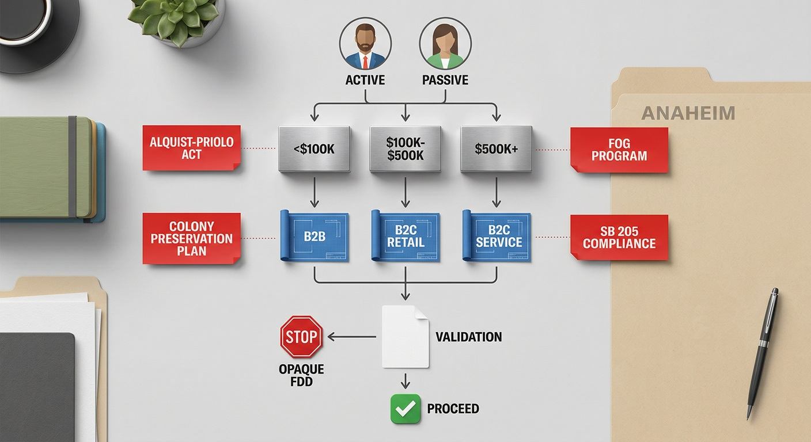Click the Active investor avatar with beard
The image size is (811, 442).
click(365, 43)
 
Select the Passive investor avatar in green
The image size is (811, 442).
click(445, 43)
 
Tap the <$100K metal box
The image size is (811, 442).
click(314, 148)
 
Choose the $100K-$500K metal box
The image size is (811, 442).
click(405, 148)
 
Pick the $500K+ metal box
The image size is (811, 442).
click(497, 148)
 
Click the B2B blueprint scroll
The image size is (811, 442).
click(314, 236)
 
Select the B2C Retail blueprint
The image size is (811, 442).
click(405, 236)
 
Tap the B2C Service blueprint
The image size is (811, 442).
click(497, 236)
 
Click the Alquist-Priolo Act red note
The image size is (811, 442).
click(192, 148)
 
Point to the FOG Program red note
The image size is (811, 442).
click(619, 150)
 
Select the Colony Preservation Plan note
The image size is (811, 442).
click(192, 238)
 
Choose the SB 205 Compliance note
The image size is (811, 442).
click(619, 237)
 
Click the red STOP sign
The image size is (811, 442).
click(301, 336)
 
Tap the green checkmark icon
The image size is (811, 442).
click(406, 409)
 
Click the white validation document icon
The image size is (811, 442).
click(406, 337)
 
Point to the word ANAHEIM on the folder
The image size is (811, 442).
click(688, 113)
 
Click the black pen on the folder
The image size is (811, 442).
click(763, 354)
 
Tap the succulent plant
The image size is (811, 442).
click(174, 20)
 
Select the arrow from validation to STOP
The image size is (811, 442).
click(351, 337)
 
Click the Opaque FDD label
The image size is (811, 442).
click(301, 375)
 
